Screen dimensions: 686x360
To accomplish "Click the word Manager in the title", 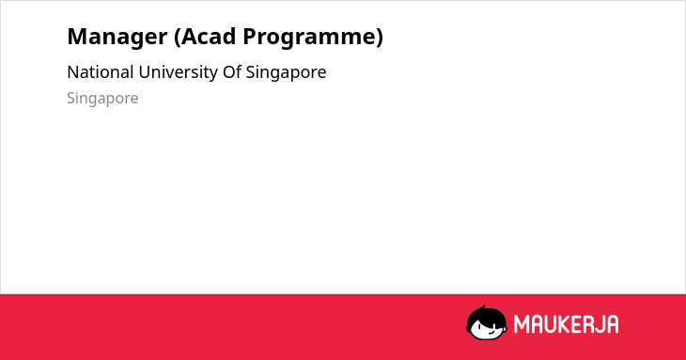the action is pyautogui.click(x=117, y=38).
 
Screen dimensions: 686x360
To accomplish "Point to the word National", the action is pyautogui.click(x=101, y=72).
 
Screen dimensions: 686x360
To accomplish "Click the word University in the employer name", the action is pyautogui.click(x=179, y=73).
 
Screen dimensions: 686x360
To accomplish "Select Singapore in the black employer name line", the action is pyautogui.click(x=286, y=73).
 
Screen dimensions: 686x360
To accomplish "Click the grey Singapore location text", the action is pyautogui.click(x=102, y=99).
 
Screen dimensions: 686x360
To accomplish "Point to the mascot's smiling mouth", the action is pyautogui.click(x=491, y=332).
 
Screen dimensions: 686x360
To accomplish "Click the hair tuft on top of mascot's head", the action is pyautogui.click(x=483, y=307).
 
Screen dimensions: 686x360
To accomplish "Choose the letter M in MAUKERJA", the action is pyautogui.click(x=522, y=324).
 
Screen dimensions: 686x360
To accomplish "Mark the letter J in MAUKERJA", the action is pyautogui.click(x=600, y=324).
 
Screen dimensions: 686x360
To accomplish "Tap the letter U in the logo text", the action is pyautogui.click(x=551, y=324).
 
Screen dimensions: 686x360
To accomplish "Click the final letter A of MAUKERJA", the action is pyautogui.click(x=613, y=324).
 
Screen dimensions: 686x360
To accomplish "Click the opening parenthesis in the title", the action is pyautogui.click(x=177, y=38).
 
